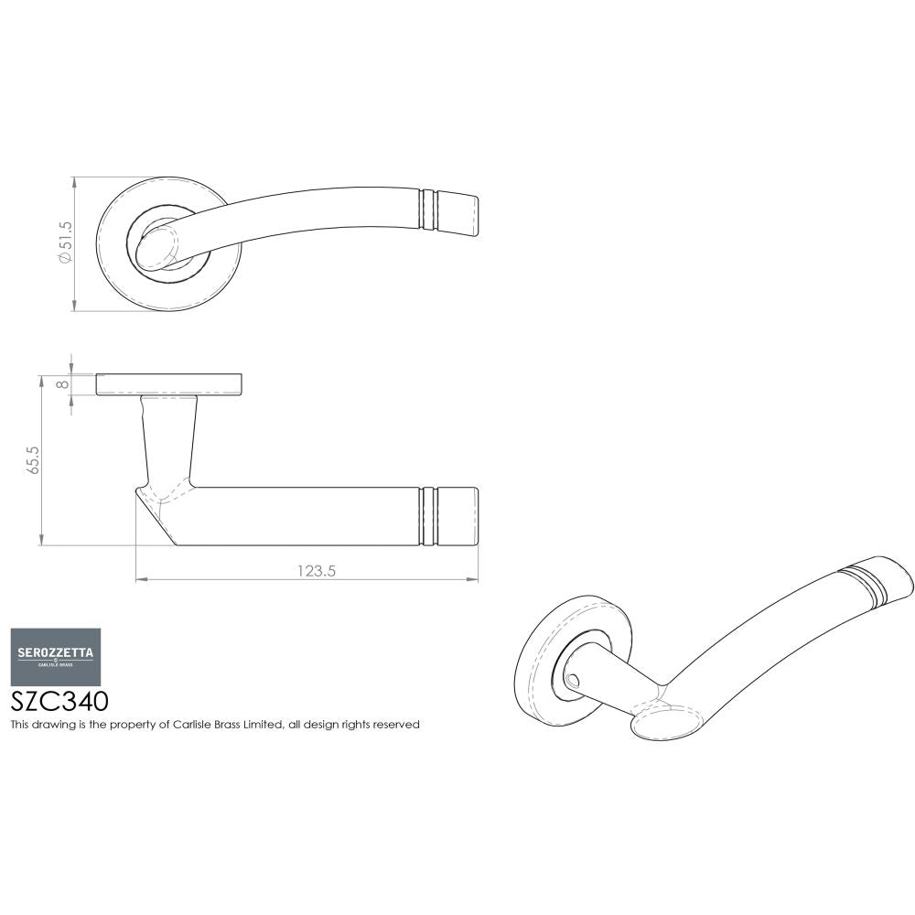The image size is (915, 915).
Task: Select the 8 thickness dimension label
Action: point(62,384)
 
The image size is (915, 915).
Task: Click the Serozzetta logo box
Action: point(55,656)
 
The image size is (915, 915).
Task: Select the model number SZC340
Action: point(59,701)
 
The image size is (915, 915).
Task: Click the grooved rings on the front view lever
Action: point(426,209)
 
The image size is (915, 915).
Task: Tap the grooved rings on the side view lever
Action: point(426,516)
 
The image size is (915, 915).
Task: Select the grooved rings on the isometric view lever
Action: point(860,584)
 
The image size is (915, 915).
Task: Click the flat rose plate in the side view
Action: point(169,384)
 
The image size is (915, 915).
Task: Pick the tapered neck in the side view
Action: point(169,437)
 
